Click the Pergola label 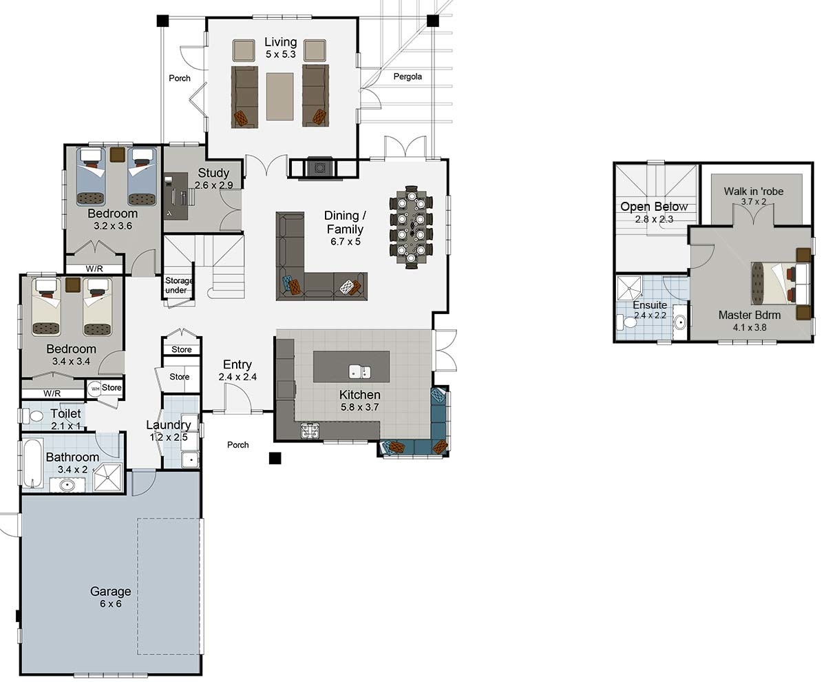[407, 76]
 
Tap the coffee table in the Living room [279, 96]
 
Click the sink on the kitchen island [359, 372]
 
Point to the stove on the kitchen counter [310, 431]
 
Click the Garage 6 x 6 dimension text [110, 604]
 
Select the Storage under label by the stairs [178, 285]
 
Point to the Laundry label [168, 425]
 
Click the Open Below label [654, 207]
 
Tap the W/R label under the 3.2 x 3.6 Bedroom [94, 269]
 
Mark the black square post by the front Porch [275, 457]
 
